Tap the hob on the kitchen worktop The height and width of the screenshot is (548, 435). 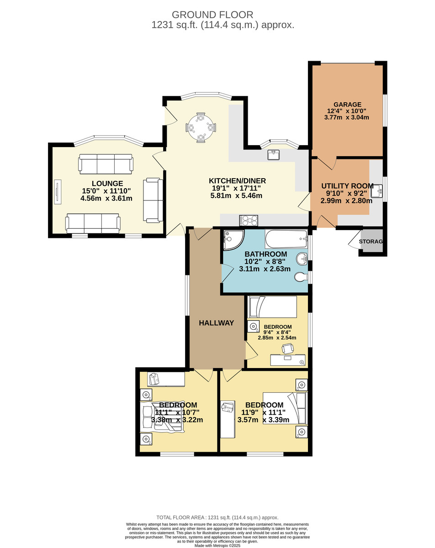[x=249, y=220]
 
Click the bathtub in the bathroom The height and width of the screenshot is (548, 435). [x=286, y=239]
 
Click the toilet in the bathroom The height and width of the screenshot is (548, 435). [x=301, y=277]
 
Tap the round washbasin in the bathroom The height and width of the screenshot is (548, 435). [x=302, y=259]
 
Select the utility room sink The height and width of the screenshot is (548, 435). [x=377, y=191]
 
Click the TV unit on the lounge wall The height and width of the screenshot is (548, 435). [x=58, y=192]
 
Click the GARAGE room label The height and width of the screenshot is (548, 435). [x=347, y=105]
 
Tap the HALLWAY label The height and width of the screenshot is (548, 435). [x=216, y=323]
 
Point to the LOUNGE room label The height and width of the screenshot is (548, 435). [x=107, y=183]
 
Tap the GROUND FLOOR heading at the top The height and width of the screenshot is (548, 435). [x=212, y=15]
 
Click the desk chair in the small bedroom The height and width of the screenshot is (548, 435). [x=287, y=348]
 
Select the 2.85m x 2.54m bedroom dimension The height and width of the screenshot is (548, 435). [x=277, y=338]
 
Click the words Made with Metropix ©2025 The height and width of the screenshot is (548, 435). [x=217, y=546]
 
